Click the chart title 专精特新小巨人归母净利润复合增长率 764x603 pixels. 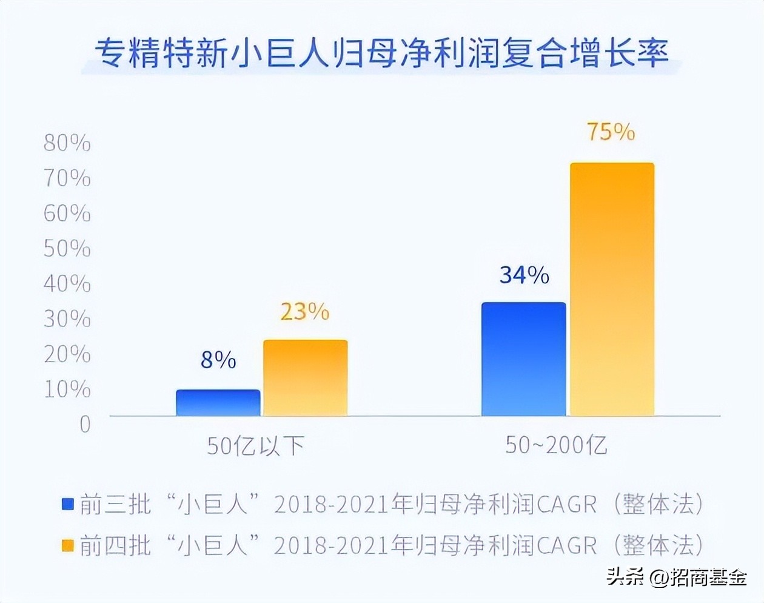pos(382,53)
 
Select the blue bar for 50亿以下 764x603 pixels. pos(218,403)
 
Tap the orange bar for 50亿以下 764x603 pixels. pos(305,378)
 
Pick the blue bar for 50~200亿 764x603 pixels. pos(524,359)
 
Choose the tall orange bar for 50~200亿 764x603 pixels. pos(612,289)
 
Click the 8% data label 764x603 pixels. pos(218,360)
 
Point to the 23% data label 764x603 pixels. pos(305,312)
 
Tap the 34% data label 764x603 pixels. pos(524,275)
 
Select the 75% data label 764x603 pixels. pos(611,132)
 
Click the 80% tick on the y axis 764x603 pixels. pos(67,143)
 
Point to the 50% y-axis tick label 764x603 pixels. pos(67,249)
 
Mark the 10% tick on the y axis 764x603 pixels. pos(67,389)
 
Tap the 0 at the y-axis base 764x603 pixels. pos(85,424)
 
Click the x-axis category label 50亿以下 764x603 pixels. pos(255,446)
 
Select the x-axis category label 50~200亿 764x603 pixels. pos(556,445)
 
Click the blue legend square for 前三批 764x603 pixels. pos(68,504)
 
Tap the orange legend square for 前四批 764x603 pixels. pos(68,545)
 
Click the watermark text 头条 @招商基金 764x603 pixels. pos(677,577)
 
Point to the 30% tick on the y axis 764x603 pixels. pos(67,319)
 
